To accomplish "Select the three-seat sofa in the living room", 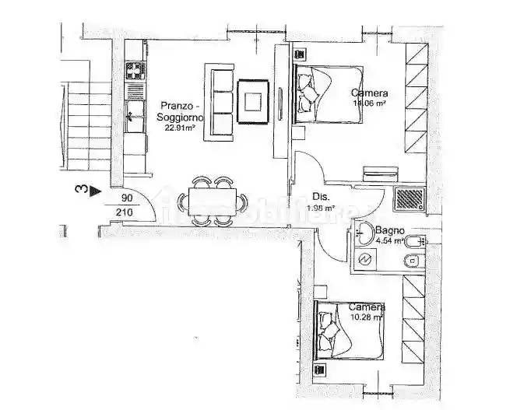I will coord(219,103).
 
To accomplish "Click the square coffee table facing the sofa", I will coord(254,102).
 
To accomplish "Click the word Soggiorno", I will coord(180,117).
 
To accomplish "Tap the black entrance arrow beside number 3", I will coord(95,189).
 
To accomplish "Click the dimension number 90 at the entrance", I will coord(128,198).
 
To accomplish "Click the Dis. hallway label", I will coord(320,197).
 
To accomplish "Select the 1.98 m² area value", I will coord(322,209).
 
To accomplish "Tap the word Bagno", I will coord(388,230).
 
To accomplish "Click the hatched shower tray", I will coord(408,199).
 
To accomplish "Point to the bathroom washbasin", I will coord(363,233).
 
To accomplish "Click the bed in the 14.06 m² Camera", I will coord(327,94).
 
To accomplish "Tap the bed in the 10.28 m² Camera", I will coord(349,331).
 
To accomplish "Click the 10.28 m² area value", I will coord(366,317).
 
